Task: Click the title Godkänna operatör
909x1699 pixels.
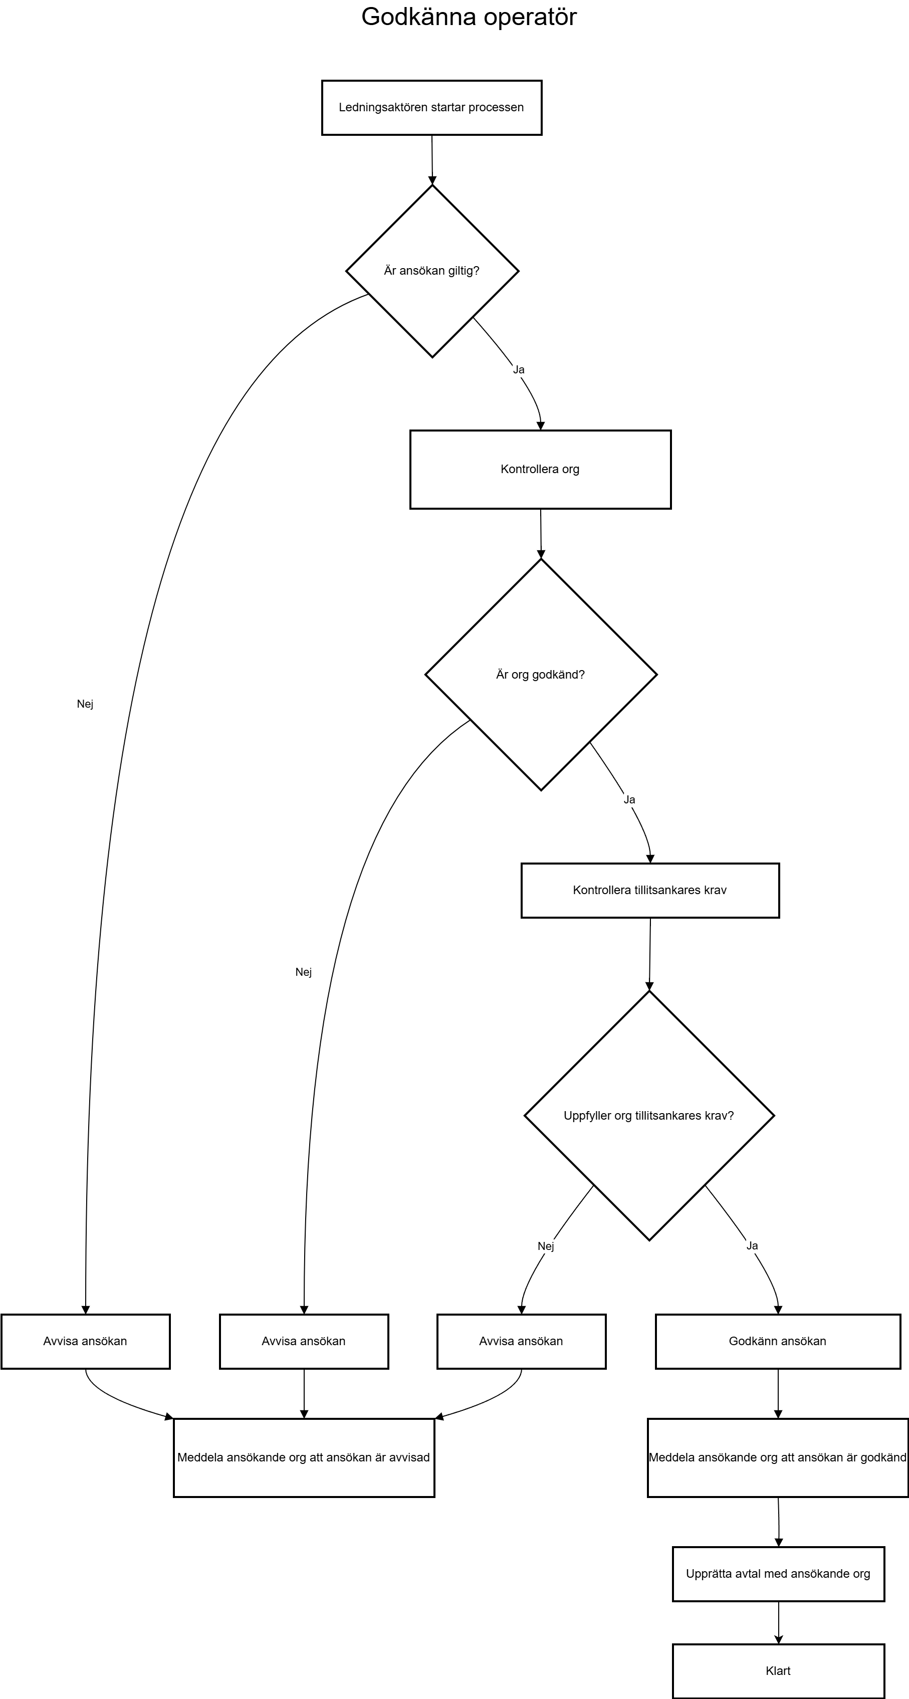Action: point(469,17)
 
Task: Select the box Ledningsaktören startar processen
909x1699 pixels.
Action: point(431,108)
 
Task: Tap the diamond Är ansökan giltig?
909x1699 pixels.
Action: point(432,271)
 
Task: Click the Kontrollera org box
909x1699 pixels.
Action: point(540,470)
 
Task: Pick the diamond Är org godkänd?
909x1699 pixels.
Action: point(541,675)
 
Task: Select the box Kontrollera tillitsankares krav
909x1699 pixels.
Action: point(650,891)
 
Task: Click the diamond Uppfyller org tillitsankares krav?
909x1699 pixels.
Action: point(649,1116)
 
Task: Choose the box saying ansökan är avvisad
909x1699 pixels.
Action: point(304,1457)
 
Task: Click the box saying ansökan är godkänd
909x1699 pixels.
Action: point(778,1457)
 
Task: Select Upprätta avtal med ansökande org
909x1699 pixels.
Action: point(778,1574)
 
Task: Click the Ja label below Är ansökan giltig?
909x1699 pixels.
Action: point(519,370)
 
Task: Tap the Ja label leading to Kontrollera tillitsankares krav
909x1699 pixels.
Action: point(629,800)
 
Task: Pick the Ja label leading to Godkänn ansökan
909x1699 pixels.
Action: point(752,1246)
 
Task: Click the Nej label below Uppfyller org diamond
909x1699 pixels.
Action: point(546,1246)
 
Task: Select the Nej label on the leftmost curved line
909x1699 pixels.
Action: point(85,704)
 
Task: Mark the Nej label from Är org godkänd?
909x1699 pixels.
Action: point(304,972)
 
